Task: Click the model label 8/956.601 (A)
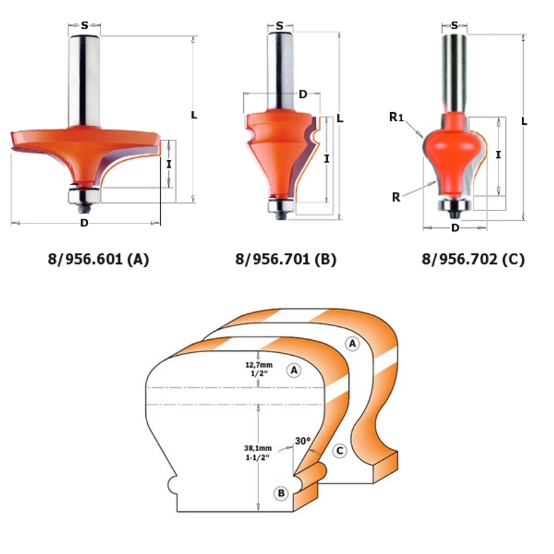(x=98, y=259)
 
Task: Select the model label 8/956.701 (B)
(x=286, y=259)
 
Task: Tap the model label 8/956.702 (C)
(x=473, y=259)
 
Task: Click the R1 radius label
(x=396, y=116)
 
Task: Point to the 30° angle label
(x=303, y=441)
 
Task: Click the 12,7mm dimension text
(x=259, y=364)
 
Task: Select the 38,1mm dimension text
(x=258, y=448)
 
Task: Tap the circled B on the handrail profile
(x=281, y=493)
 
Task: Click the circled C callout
(x=340, y=451)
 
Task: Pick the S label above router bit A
(x=84, y=25)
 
